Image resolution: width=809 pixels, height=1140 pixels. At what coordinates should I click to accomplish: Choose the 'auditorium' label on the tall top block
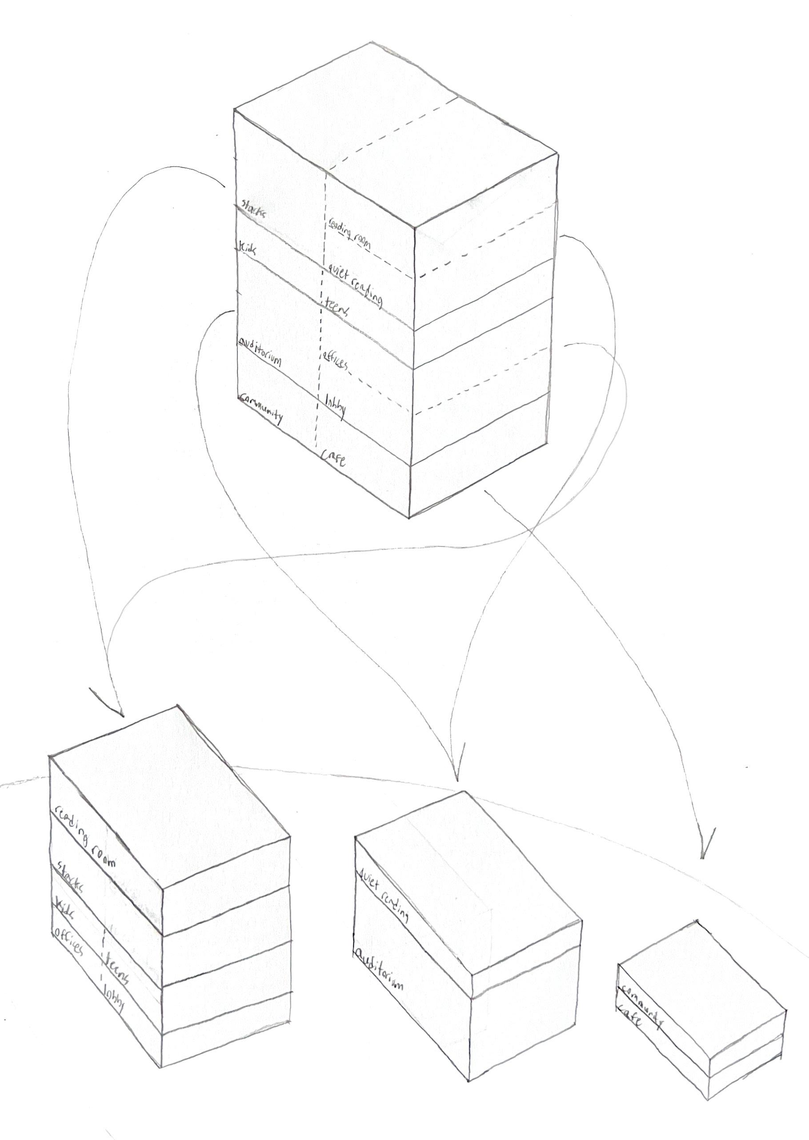pyautogui.click(x=260, y=352)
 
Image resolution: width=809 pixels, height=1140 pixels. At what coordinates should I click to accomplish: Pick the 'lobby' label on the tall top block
pyautogui.click(x=336, y=405)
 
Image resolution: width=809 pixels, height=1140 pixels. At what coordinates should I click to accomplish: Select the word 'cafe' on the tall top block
pyautogui.click(x=333, y=459)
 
